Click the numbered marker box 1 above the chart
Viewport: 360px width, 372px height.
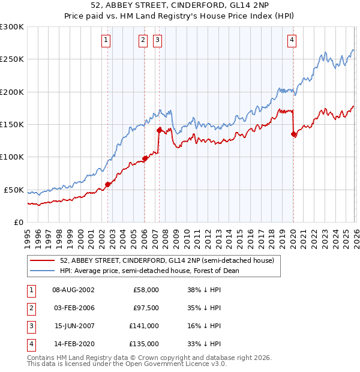pyautogui.click(x=106, y=40)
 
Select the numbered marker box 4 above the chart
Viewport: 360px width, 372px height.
pyautogui.click(x=292, y=40)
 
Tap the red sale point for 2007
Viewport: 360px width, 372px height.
pyautogui.click(x=159, y=130)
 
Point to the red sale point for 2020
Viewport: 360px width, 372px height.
pyautogui.click(x=293, y=134)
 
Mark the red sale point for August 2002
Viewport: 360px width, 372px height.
pyautogui.click(x=107, y=184)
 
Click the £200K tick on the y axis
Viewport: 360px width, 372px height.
pyautogui.click(x=12, y=92)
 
